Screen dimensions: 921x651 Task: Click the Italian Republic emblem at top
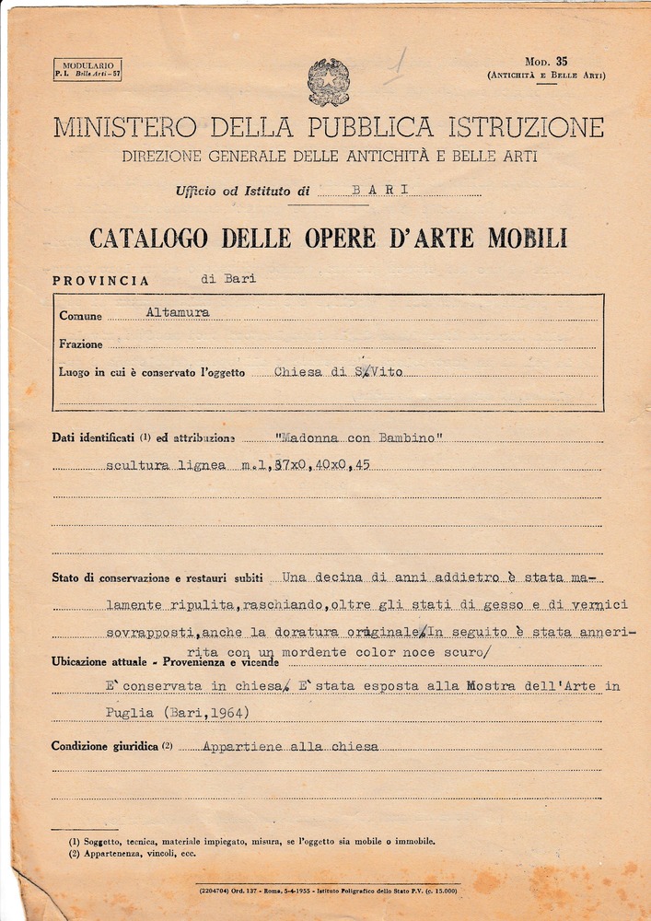click(328, 82)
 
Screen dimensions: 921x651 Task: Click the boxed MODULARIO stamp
click(87, 70)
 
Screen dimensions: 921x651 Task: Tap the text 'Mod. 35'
click(546, 61)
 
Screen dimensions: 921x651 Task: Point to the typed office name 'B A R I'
click(380, 189)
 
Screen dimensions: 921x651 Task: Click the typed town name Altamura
click(177, 312)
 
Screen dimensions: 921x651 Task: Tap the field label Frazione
click(81, 344)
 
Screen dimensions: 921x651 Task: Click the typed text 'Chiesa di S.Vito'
click(338, 372)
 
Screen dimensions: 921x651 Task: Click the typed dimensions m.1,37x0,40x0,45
click(301, 465)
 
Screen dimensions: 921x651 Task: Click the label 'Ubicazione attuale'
click(101, 663)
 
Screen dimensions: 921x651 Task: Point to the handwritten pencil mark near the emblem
click(398, 66)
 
